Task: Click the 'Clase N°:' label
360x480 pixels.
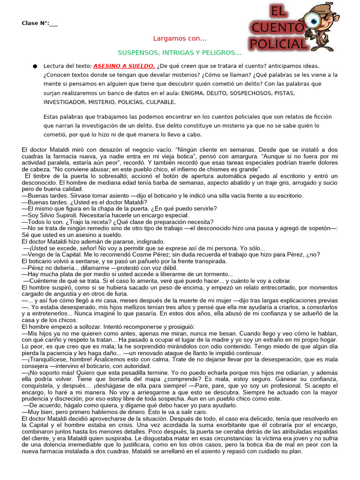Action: pyautogui.click(x=36, y=23)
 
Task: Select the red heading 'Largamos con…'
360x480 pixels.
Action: pyautogui.click(x=180, y=38)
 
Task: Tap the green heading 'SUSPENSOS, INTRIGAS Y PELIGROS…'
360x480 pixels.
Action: pyautogui.click(x=180, y=52)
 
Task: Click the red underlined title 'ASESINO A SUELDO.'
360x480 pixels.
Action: pyautogui.click(x=124, y=66)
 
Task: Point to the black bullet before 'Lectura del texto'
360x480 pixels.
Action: pyautogui.click(x=35, y=66)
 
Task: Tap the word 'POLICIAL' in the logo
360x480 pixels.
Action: pyautogui.click(x=277, y=45)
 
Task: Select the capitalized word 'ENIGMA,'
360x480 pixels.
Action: pyautogui.click(x=194, y=93)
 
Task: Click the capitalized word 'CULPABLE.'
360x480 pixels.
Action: pyautogui.click(x=161, y=102)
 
